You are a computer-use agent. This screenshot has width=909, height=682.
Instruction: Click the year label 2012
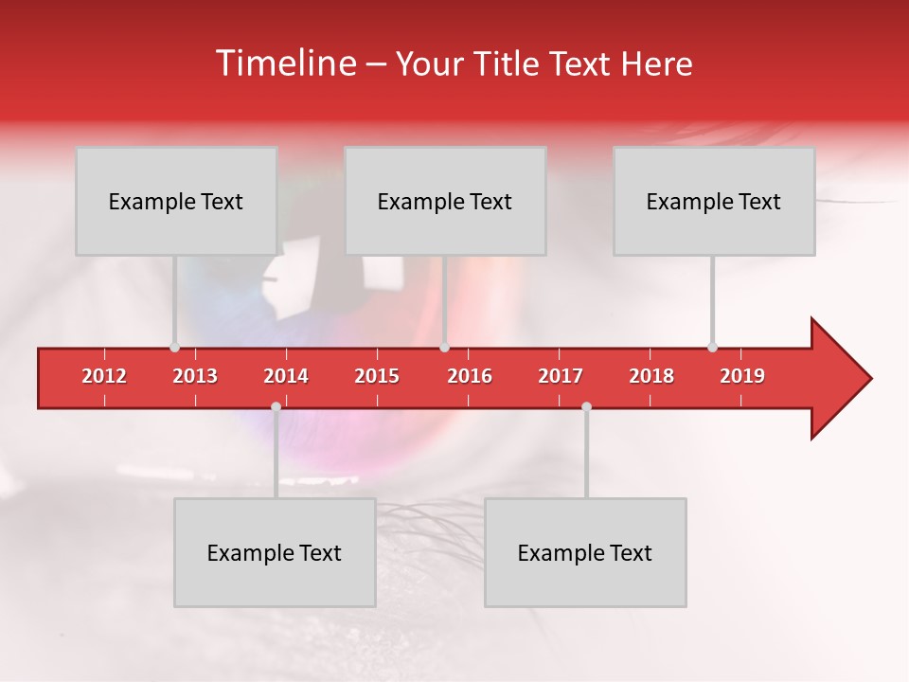click(104, 376)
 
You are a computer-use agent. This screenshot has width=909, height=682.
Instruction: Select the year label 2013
click(195, 376)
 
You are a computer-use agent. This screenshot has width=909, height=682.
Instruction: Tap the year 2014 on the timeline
click(286, 376)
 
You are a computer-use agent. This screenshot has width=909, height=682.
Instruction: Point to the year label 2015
click(377, 376)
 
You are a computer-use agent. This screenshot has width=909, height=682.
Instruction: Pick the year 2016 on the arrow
click(470, 376)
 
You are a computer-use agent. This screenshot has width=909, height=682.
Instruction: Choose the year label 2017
click(561, 376)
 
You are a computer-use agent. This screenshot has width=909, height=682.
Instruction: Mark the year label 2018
click(651, 376)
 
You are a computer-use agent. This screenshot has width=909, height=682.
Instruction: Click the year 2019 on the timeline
click(742, 376)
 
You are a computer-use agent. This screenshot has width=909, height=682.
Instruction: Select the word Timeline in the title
click(284, 63)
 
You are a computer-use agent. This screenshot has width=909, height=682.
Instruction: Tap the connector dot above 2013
click(174, 347)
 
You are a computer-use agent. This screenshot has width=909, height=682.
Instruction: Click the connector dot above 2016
click(445, 347)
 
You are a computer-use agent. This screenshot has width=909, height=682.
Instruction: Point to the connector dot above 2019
click(712, 347)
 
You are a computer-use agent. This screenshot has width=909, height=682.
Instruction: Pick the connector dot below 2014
click(276, 406)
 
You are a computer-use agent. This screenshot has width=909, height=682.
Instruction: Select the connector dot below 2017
click(586, 406)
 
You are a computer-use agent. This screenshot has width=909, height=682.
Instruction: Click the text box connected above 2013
click(176, 201)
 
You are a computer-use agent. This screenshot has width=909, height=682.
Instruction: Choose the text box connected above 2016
click(445, 201)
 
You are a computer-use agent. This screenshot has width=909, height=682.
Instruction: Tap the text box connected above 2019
click(714, 201)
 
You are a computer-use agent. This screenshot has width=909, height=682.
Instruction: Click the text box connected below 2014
click(275, 552)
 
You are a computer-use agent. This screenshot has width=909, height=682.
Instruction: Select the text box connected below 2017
click(585, 552)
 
